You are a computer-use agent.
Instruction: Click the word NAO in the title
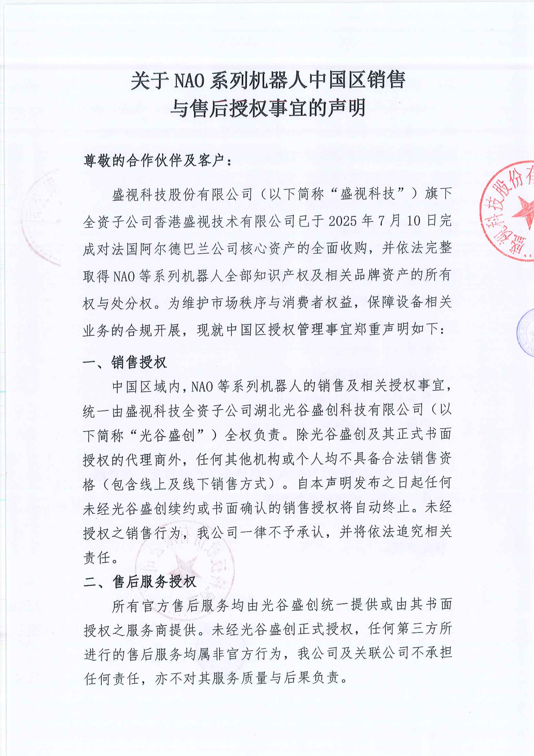(x=189, y=80)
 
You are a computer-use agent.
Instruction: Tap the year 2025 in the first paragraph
(x=342, y=221)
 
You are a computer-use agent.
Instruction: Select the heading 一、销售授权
(x=125, y=363)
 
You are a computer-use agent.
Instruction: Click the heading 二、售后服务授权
(x=140, y=582)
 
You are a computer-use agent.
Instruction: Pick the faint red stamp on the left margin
(x=41, y=217)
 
